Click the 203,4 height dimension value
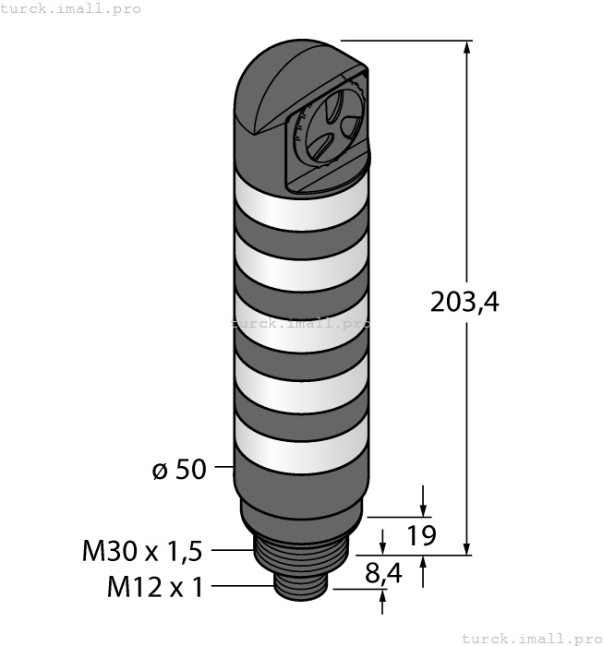tap(464, 302)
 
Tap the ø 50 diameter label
tap(179, 469)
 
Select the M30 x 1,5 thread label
tap(142, 551)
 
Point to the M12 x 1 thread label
tap(155, 587)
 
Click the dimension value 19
tap(421, 535)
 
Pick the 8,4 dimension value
tap(383, 573)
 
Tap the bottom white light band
tap(301, 445)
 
